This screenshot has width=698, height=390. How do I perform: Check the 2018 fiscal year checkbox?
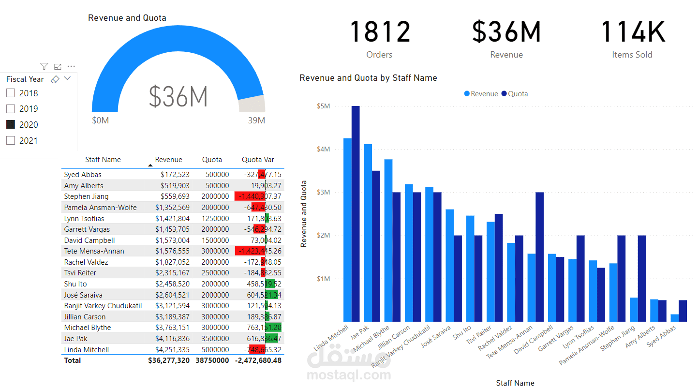click(10, 93)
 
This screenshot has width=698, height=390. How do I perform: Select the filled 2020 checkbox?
click(10, 124)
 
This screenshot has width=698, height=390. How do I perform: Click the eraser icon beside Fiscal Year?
click(55, 79)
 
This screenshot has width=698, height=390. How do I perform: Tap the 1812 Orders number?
click(380, 32)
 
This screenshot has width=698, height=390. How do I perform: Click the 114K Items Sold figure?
click(632, 32)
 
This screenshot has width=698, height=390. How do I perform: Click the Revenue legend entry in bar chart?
click(481, 94)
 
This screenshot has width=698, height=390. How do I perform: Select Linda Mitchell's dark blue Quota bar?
click(356, 213)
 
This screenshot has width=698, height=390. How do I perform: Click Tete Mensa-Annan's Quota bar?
click(539, 256)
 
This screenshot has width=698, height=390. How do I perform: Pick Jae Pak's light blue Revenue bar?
click(368, 232)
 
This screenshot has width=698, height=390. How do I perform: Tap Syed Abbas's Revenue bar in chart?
click(674, 318)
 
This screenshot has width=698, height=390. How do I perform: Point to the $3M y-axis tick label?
click(323, 192)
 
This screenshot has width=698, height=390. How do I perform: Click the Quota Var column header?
click(258, 160)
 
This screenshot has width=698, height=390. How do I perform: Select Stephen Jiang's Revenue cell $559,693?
click(175, 196)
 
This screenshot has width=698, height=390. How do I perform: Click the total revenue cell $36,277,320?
click(169, 360)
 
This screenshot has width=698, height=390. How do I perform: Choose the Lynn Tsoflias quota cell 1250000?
click(216, 218)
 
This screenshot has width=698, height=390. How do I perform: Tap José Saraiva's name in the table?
click(83, 295)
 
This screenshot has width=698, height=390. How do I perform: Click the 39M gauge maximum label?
click(256, 120)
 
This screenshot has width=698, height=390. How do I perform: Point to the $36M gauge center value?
click(178, 96)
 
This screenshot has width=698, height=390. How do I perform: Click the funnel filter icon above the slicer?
click(44, 66)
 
